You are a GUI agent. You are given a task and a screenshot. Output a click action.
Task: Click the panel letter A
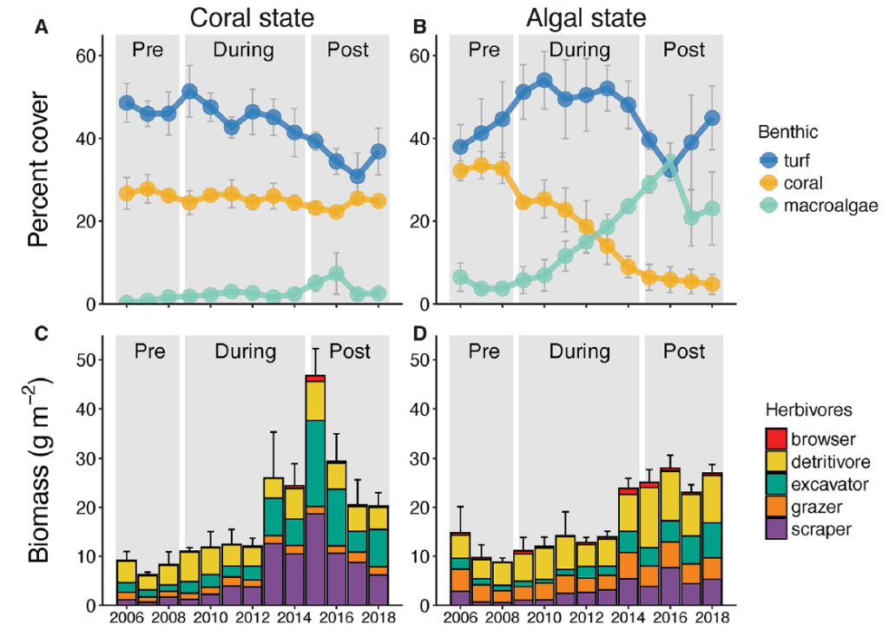41,27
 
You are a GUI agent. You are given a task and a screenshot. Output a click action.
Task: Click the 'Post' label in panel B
685,49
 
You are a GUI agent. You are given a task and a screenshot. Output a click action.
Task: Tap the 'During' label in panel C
246,351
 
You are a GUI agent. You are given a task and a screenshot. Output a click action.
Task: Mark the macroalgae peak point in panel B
669,163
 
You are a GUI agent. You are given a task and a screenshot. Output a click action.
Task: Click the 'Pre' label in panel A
148,49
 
